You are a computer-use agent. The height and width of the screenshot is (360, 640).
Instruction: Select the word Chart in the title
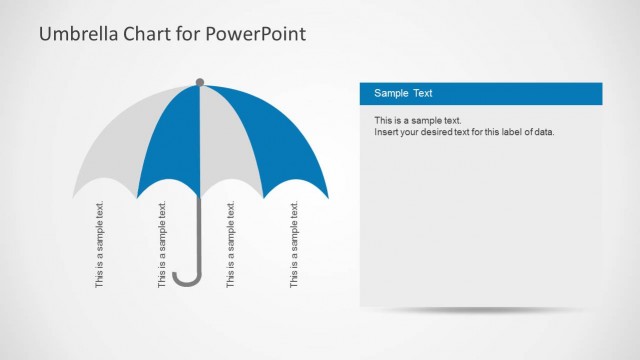[148, 35]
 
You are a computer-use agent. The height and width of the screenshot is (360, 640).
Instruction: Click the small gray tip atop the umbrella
[200, 82]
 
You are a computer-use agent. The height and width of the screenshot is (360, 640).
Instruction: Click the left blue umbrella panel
[170, 140]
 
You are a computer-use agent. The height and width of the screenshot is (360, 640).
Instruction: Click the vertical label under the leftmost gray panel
[99, 246]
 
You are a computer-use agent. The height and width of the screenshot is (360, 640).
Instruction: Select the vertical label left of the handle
[163, 246]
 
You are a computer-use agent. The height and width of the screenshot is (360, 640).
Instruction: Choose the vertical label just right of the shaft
[231, 246]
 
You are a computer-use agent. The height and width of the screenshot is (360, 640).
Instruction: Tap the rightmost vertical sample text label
[294, 246]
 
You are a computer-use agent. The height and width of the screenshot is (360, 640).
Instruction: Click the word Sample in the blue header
[391, 94]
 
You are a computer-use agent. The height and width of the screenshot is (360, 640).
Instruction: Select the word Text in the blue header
[423, 94]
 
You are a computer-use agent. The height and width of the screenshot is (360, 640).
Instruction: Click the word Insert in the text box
[386, 132]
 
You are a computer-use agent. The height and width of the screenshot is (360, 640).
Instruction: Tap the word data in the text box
[541, 132]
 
